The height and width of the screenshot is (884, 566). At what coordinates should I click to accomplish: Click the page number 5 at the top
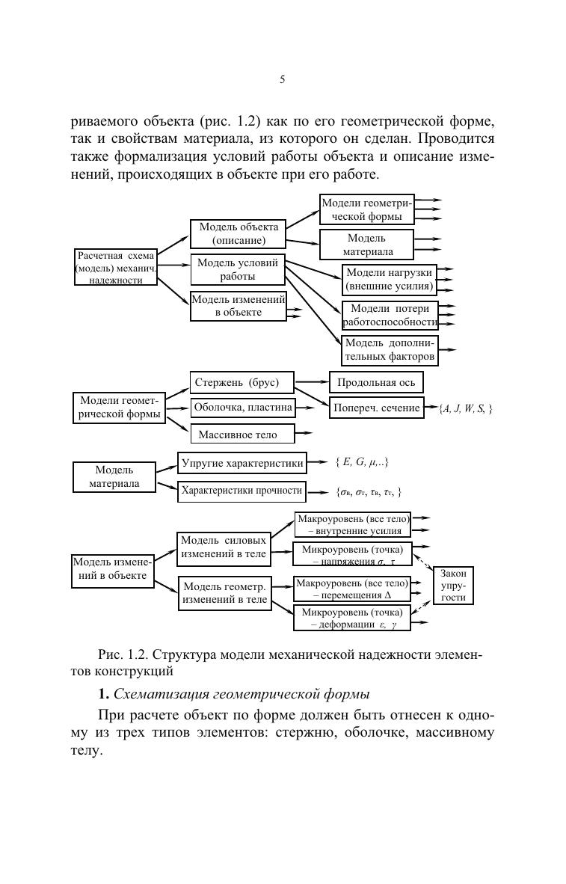point(283,80)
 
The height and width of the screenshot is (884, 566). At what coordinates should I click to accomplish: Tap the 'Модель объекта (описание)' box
point(239,234)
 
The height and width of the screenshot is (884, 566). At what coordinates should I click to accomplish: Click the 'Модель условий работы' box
point(238,269)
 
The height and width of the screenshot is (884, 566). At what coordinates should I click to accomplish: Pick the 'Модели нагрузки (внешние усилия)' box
point(390,279)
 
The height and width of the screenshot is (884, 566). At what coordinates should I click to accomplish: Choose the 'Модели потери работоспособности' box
point(390,315)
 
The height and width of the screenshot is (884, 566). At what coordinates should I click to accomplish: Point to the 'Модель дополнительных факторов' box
point(390,349)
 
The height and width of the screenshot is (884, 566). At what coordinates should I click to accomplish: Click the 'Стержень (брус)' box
point(242,383)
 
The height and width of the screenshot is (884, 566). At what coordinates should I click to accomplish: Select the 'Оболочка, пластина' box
point(242,408)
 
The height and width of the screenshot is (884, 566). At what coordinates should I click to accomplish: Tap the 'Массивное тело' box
point(242,434)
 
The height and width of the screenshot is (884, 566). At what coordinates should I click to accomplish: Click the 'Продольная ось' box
point(376,383)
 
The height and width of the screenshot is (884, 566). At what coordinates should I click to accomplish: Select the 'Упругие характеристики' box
point(242,464)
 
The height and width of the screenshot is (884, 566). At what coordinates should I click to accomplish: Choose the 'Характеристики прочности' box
point(242,491)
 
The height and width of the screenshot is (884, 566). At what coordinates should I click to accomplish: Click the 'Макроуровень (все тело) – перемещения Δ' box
point(352,589)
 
